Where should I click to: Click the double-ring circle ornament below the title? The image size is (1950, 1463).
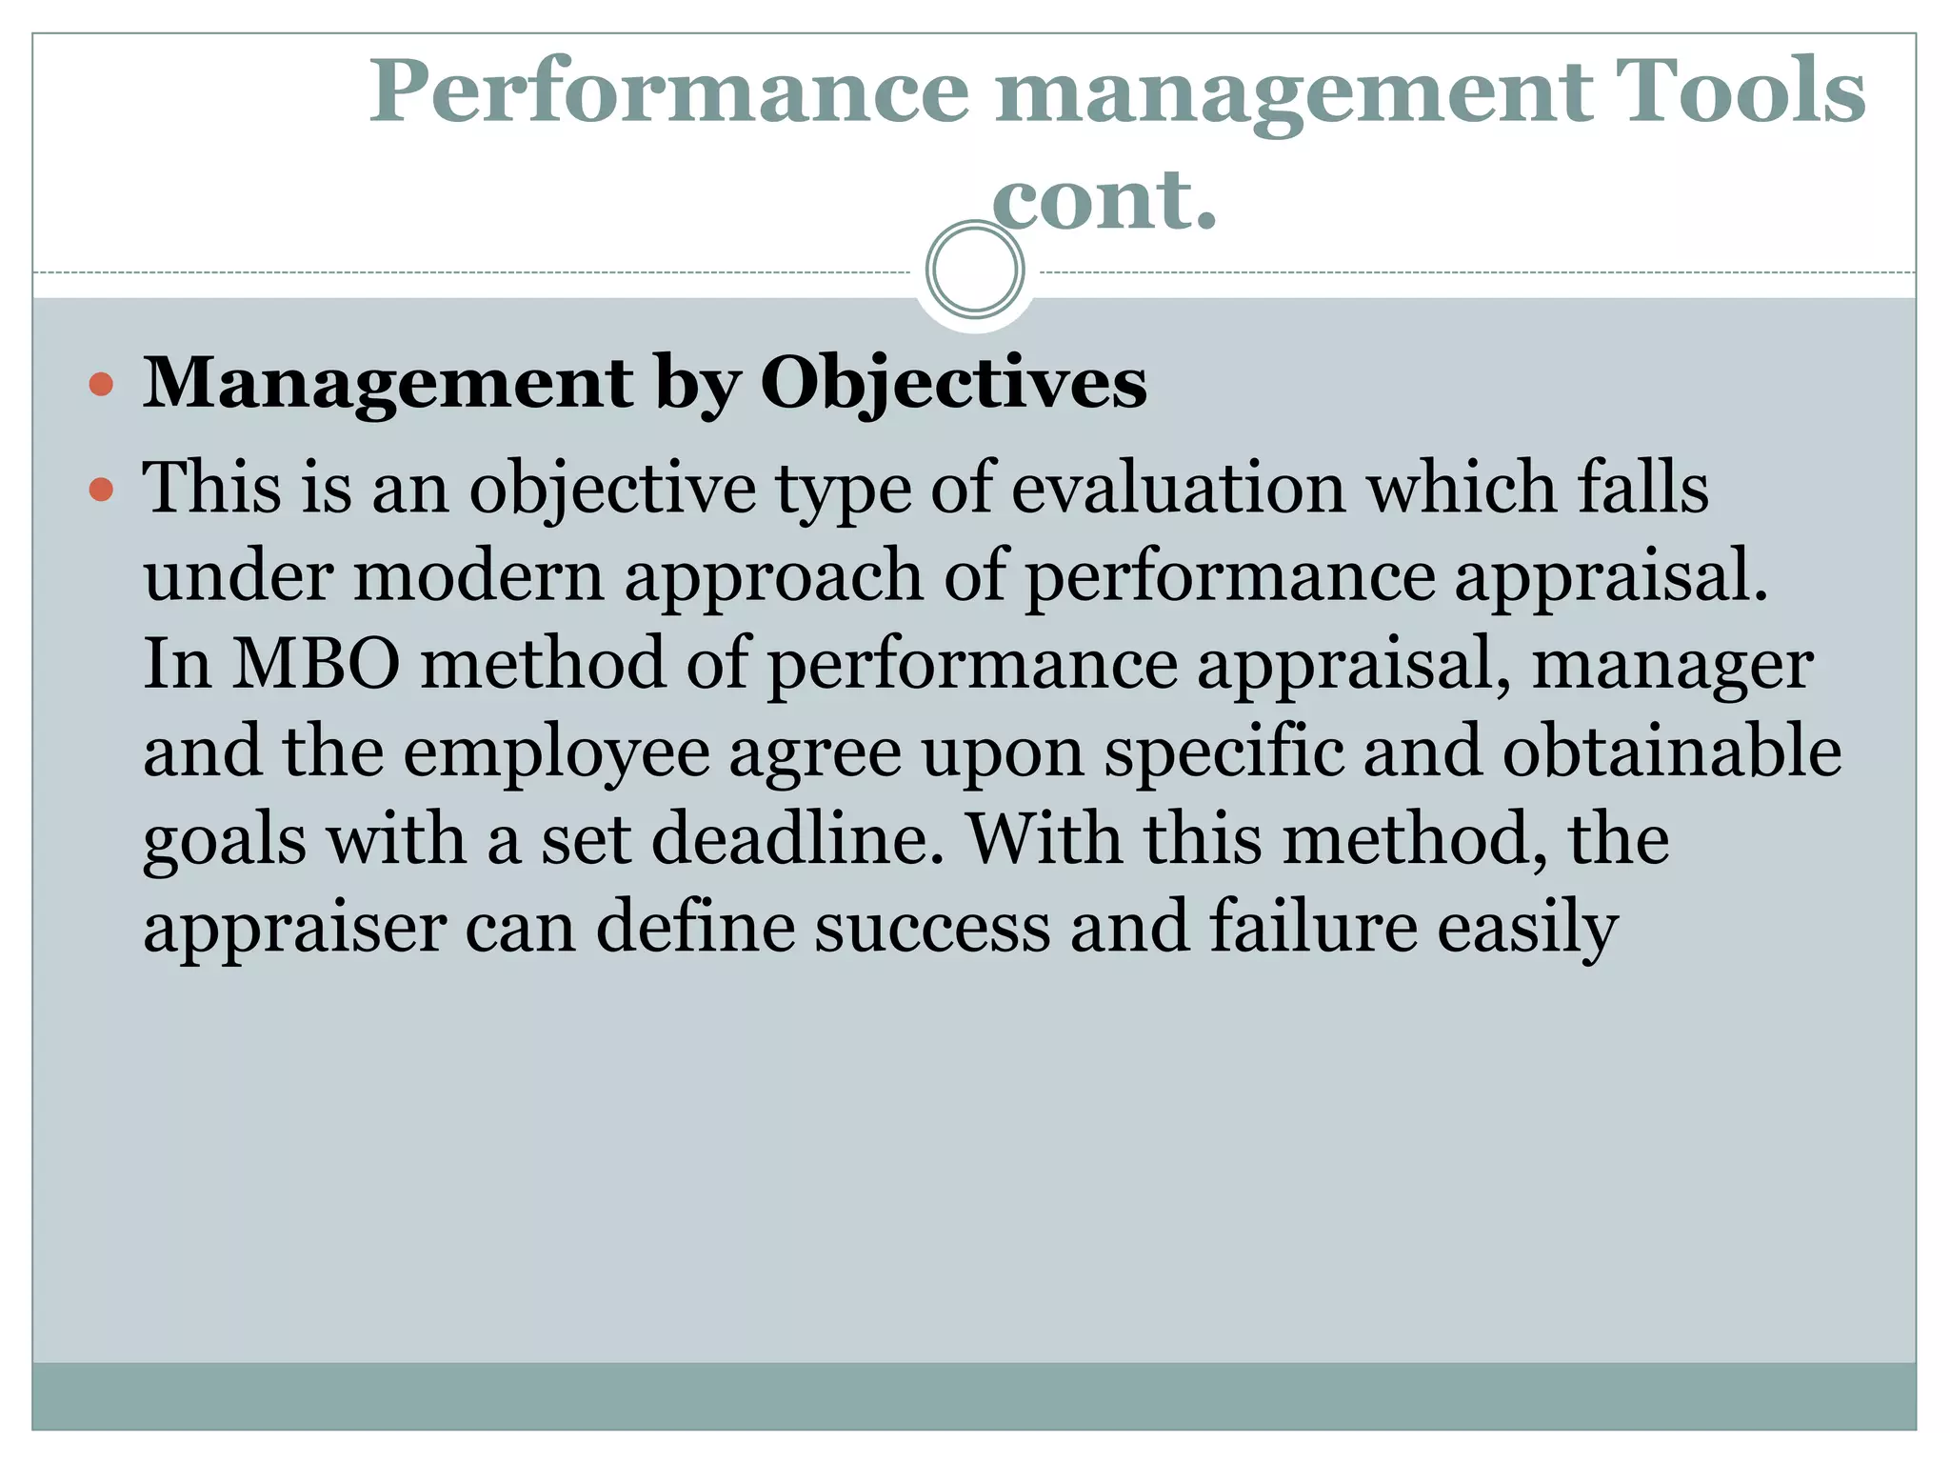975,270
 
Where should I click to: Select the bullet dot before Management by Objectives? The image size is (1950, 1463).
101,385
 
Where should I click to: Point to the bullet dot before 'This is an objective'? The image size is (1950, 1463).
101,490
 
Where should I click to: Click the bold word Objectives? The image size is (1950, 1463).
953,383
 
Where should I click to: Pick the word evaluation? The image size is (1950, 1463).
1178,488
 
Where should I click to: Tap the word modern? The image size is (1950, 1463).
479,576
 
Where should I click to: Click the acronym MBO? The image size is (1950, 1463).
317,664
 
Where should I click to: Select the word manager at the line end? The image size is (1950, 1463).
1672,664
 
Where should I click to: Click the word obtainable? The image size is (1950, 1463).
1672,752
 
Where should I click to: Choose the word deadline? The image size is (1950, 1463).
798,839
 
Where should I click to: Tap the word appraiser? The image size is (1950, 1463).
294,929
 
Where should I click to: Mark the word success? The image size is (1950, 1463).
932,927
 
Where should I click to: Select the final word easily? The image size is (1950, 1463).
1527,929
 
